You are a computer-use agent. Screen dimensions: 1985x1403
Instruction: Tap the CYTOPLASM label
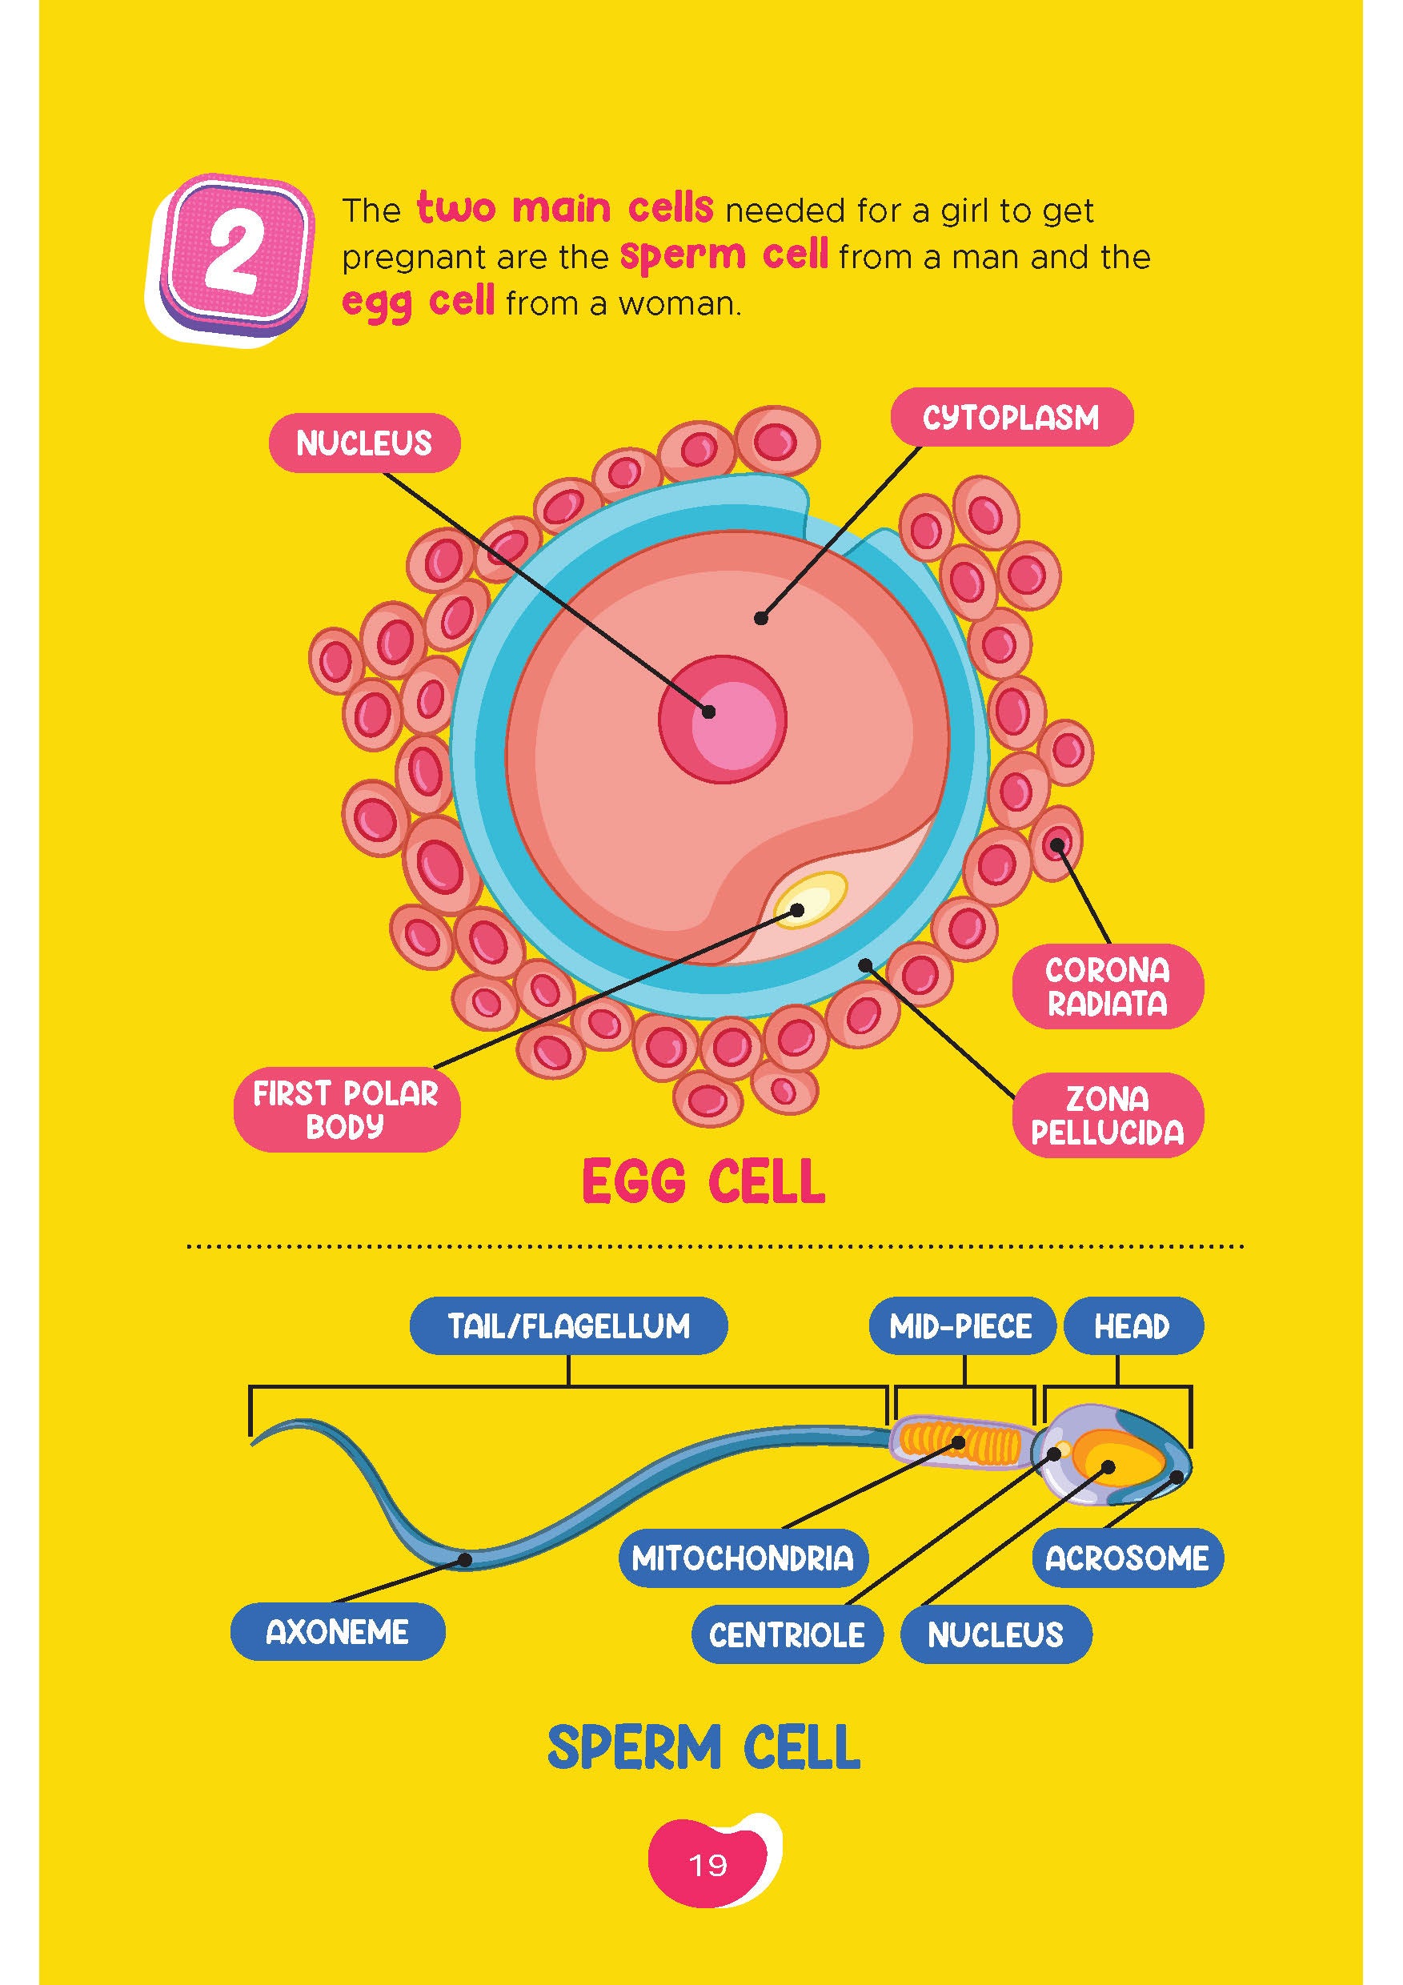tap(1011, 419)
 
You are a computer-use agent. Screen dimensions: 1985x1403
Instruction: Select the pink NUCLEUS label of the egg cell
tap(364, 443)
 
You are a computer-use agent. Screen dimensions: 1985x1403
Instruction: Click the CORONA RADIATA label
tap(1108, 986)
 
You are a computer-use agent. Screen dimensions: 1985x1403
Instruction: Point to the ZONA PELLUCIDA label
tap(1108, 1115)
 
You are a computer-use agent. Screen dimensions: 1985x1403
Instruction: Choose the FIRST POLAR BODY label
tap(346, 1110)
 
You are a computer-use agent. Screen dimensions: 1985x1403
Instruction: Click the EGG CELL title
tap(704, 1183)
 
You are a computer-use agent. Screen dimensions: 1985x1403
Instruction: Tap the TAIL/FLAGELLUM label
tap(568, 1326)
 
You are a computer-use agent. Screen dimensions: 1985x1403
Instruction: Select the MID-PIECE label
tap(961, 1326)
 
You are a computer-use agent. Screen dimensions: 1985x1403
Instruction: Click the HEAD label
tap(1132, 1326)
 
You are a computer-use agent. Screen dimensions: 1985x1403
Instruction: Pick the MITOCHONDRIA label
tap(743, 1558)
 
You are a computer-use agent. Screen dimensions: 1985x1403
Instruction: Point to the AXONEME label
tap(337, 1632)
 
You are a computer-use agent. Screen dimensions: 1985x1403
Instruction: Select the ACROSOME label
tap(1127, 1558)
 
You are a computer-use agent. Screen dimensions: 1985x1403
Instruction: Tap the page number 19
tap(708, 1865)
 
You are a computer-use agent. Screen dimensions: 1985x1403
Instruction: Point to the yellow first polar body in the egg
tap(808, 899)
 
